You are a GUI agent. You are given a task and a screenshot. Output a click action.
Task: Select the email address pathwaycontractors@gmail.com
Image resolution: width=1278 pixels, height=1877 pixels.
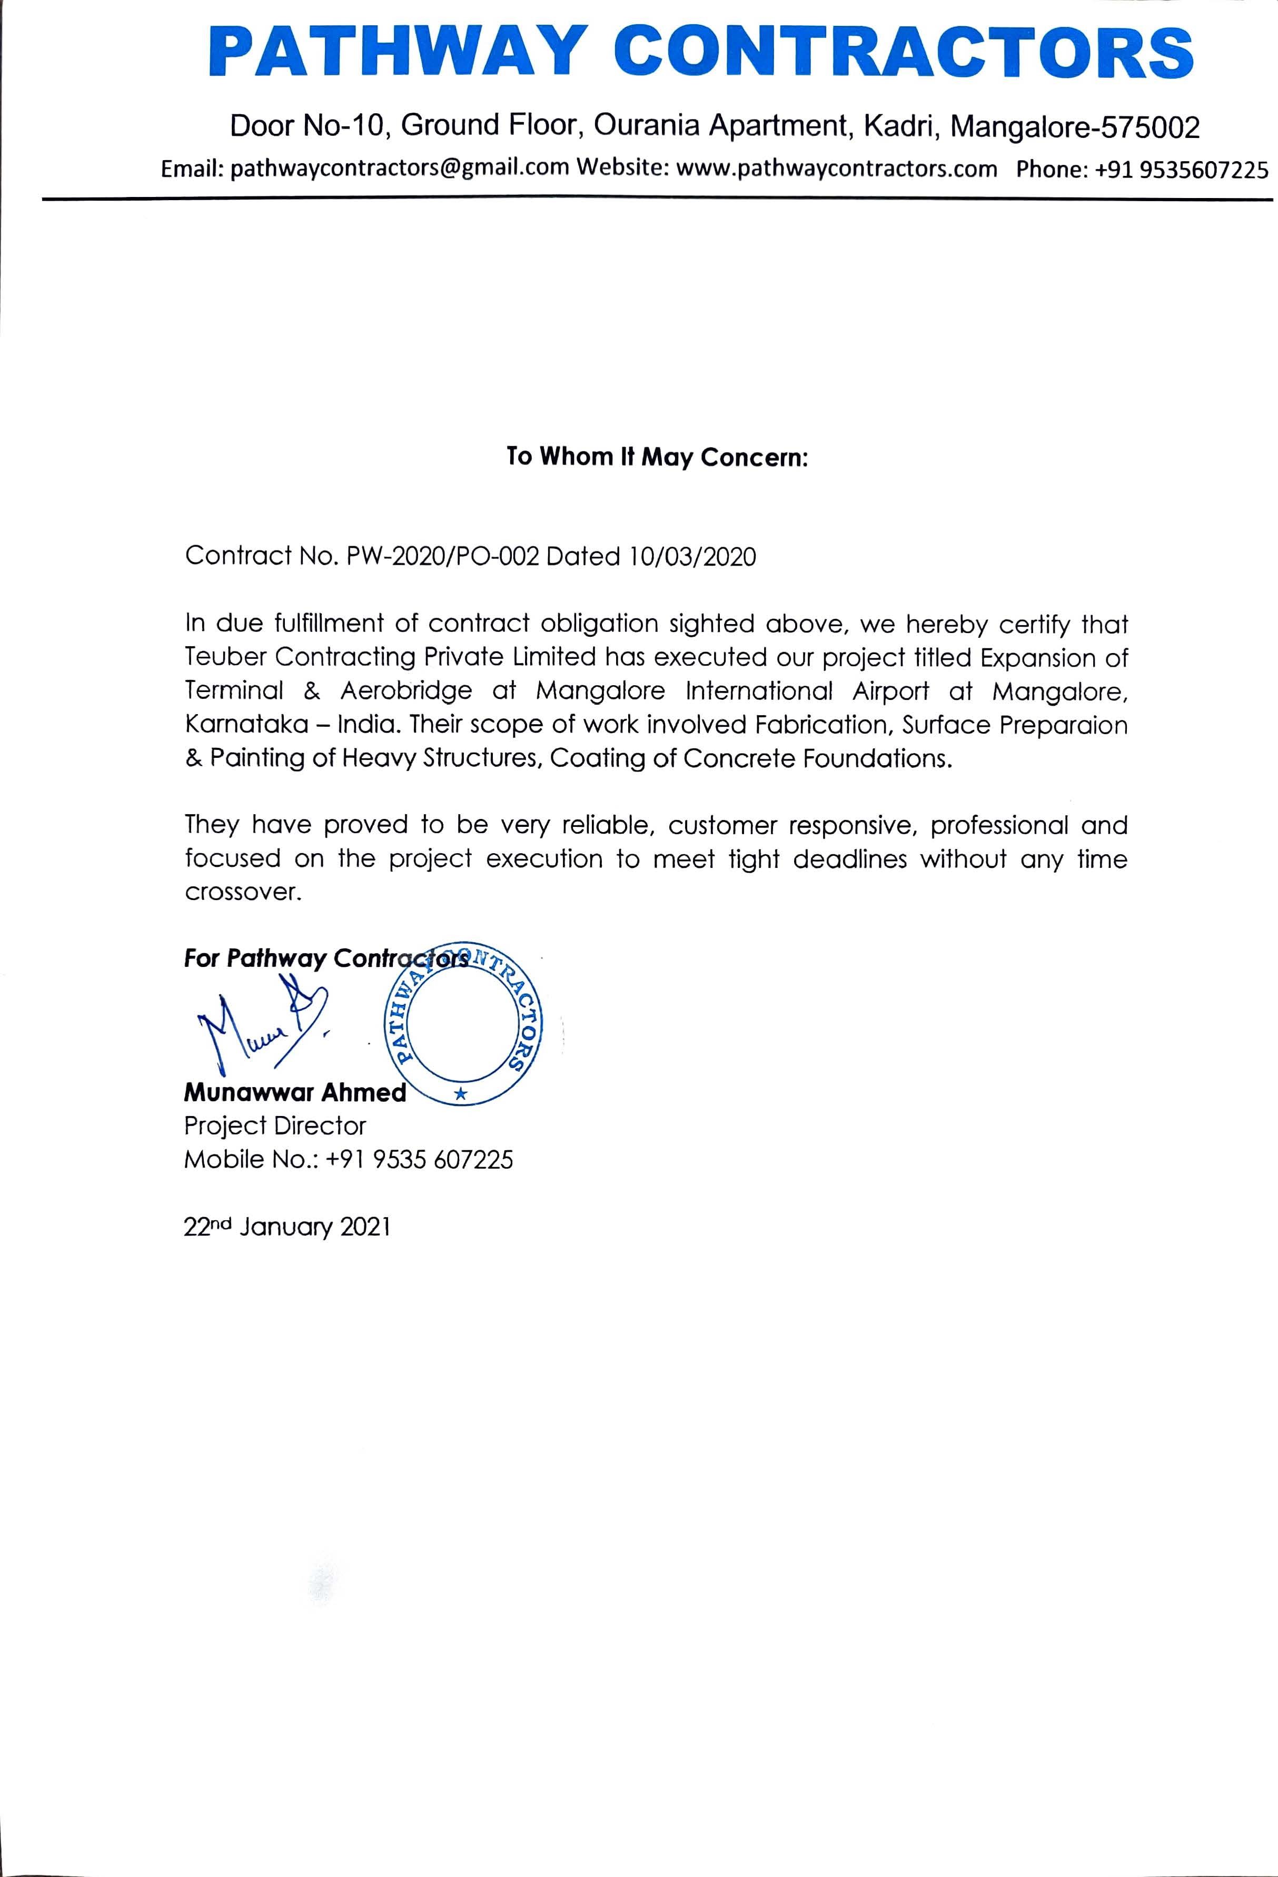point(400,169)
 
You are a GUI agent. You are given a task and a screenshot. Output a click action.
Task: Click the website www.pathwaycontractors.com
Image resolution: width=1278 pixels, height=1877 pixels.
point(836,169)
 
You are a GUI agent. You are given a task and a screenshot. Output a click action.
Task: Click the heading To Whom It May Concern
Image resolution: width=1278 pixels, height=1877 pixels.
point(657,457)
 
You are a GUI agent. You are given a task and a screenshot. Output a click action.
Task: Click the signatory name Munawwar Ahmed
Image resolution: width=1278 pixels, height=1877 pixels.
point(295,1092)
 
